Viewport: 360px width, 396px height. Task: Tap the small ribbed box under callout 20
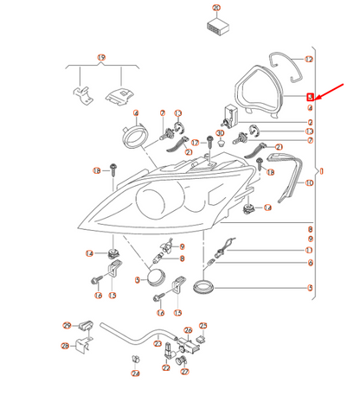tap(216, 24)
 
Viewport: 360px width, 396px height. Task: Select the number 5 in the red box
tap(310, 98)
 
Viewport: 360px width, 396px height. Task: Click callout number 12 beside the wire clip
tap(309, 59)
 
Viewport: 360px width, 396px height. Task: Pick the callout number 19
tap(101, 58)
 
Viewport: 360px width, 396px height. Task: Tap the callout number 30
tap(220, 133)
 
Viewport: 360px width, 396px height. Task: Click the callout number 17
tap(196, 142)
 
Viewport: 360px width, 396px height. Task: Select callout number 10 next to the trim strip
tap(309, 183)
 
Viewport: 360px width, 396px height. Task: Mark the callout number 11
tap(309, 250)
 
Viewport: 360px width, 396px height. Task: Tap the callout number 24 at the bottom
tap(135, 374)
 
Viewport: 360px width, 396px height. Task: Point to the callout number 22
tap(166, 367)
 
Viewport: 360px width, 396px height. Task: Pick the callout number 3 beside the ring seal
tap(309, 287)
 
